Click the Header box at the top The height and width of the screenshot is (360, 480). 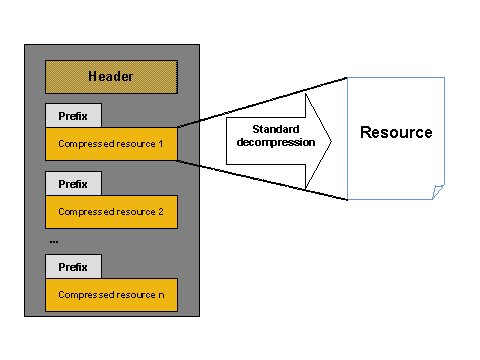(x=111, y=77)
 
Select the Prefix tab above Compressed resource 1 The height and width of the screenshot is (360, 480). (x=72, y=116)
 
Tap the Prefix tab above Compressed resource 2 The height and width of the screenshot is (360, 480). (x=72, y=184)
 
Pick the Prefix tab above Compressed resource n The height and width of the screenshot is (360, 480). (x=72, y=268)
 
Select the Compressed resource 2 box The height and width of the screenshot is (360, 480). (x=111, y=211)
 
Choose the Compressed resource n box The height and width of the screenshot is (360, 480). (x=111, y=295)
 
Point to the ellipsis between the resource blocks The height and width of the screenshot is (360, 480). (x=53, y=241)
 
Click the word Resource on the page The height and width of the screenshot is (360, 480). (x=396, y=133)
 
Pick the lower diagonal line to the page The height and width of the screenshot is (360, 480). (x=262, y=180)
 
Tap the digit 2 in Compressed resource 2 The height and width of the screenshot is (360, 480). (x=160, y=212)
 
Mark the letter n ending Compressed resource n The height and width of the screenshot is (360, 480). (x=160, y=296)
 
